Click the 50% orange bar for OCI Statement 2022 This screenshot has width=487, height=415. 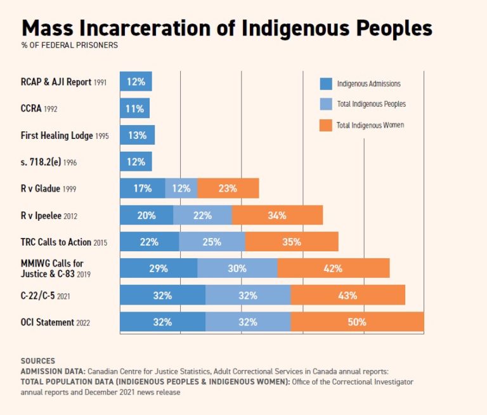pos(357,322)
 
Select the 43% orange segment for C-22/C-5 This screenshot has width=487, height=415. pos(347,295)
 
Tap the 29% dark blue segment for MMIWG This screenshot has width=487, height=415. pos(159,268)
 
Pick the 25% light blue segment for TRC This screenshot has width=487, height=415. pos(212,242)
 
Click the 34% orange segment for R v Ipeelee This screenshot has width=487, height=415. pos(277,215)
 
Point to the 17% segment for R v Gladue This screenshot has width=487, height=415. pos(143,188)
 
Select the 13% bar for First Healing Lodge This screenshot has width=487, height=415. pos(137,135)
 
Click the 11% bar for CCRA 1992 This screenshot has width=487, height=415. pos(134,109)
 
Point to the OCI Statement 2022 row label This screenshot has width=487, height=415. pos(55,322)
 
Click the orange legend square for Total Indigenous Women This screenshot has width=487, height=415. pos(326,125)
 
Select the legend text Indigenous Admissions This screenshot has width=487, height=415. pos(368,84)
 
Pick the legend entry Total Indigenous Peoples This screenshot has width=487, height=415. pos(371,104)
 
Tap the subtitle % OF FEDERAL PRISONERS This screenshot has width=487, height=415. pos(69,45)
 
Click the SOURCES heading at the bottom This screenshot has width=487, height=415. pos(37,360)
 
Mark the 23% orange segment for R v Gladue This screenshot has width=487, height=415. pos(228,188)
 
